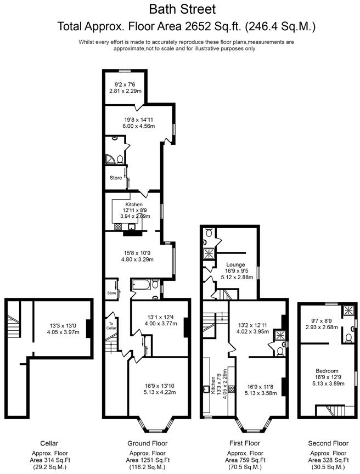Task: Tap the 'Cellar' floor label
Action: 49,443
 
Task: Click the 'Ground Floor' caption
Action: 148,443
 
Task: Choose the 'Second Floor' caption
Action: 329,443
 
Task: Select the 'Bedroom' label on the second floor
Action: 327,370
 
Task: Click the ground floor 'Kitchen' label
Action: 133,205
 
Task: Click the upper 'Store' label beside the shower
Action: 115,178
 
